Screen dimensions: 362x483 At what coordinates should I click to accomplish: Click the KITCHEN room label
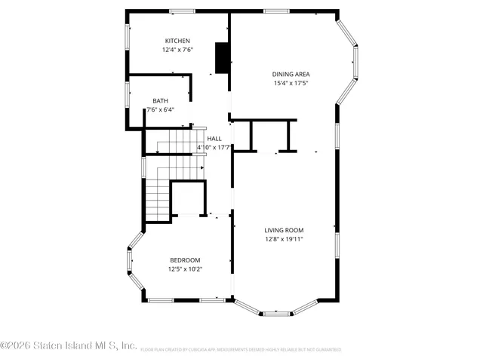pos(177,41)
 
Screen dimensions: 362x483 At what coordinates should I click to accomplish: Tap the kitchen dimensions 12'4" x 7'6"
pos(177,50)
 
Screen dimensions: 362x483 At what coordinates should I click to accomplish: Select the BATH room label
pos(160,100)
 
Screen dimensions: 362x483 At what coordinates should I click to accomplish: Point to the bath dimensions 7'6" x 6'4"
pos(160,109)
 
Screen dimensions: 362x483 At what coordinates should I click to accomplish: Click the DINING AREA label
pos(291,74)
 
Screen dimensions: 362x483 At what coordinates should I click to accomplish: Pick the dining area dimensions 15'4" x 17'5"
pos(291,83)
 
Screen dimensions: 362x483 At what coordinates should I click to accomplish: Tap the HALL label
pos(214,138)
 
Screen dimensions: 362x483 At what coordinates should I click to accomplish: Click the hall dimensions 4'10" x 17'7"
pos(214,147)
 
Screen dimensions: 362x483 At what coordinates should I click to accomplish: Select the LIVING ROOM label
pos(284,230)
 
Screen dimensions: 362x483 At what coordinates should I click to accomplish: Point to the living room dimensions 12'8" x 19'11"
pos(284,239)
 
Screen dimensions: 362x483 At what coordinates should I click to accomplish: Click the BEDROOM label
pos(185,259)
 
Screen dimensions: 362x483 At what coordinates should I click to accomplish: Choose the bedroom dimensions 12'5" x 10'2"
pos(185,268)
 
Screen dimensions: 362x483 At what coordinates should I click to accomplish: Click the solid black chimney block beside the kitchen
pos(223,58)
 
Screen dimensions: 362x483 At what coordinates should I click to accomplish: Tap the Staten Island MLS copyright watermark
pos(69,345)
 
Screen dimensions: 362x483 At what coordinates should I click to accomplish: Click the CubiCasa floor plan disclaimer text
pos(240,350)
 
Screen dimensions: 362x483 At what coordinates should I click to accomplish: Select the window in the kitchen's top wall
pos(182,11)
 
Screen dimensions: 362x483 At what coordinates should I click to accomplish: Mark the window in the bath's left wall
pos(128,92)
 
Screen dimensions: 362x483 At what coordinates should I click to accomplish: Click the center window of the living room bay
pos(276,313)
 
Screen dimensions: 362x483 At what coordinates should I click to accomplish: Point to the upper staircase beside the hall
pos(175,141)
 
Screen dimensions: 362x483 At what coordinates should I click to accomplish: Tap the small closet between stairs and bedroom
pos(189,198)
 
